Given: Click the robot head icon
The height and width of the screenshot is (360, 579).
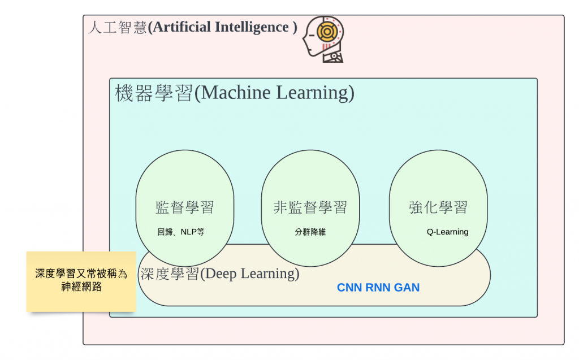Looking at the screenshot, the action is [324, 38].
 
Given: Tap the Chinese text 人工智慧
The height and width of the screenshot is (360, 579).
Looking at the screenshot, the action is [117, 28].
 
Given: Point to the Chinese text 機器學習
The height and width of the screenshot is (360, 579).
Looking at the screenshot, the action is [154, 93].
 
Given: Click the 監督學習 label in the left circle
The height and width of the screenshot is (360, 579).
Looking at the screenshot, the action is [185, 207].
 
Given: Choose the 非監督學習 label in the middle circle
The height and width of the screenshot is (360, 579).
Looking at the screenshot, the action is [310, 207].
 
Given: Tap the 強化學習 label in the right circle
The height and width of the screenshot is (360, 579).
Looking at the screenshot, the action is [438, 207].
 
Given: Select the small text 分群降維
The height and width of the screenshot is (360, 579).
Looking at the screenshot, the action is [310, 232].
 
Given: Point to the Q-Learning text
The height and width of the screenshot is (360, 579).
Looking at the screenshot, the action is [447, 232].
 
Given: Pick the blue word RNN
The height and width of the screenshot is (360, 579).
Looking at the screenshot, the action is [378, 288].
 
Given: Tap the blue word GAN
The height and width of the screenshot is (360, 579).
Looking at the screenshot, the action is [407, 288].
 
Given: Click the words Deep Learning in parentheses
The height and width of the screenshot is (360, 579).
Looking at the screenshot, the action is [250, 274].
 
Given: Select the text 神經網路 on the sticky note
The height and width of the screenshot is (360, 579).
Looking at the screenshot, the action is [81, 287].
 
